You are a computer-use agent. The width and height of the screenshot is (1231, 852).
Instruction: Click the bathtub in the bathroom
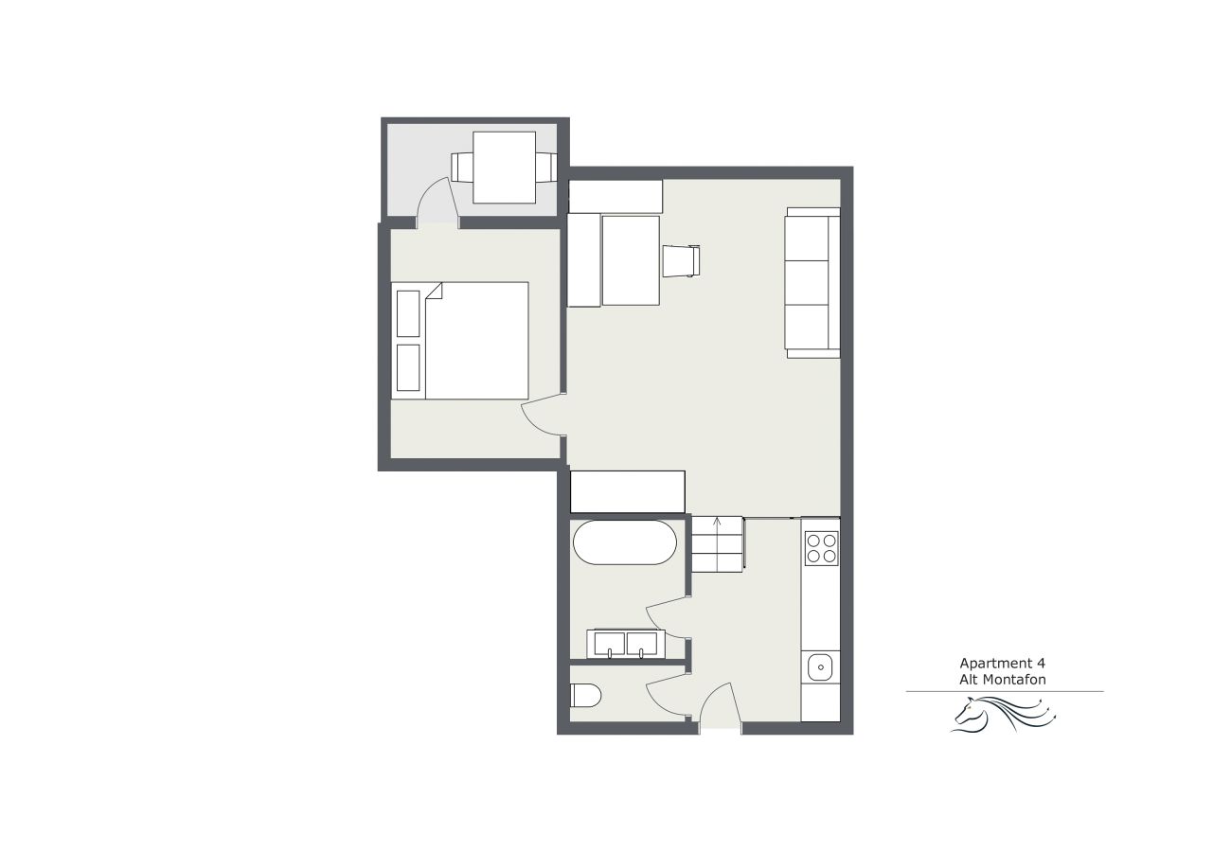pos(625,542)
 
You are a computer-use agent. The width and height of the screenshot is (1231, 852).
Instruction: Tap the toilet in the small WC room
pos(585,696)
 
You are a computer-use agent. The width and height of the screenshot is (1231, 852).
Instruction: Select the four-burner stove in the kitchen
pos(821,548)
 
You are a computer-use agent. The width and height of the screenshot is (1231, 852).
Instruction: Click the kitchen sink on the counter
pos(820,667)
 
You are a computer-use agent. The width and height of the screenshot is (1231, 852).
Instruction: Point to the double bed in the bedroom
pos(460,341)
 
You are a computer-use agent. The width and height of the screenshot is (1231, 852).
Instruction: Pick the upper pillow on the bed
pos(408,313)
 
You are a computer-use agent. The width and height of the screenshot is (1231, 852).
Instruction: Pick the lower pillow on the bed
pos(408,367)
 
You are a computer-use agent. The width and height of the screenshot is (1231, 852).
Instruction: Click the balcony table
pos(504,167)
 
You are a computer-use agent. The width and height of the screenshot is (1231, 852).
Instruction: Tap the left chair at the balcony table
pos(462,167)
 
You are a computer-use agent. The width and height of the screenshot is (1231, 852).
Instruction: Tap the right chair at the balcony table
pos(546,167)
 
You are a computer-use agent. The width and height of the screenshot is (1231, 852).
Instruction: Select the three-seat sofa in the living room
pos(812,283)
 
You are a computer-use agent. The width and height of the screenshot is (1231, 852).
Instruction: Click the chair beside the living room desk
pos(681,261)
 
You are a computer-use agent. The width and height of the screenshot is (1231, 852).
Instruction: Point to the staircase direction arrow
pos(717,543)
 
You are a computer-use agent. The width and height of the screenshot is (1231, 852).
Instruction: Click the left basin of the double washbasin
pos(610,643)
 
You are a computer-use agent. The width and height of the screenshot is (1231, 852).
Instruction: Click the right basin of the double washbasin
pos(642,643)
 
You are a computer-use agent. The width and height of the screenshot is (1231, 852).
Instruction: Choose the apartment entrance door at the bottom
pos(720,706)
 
